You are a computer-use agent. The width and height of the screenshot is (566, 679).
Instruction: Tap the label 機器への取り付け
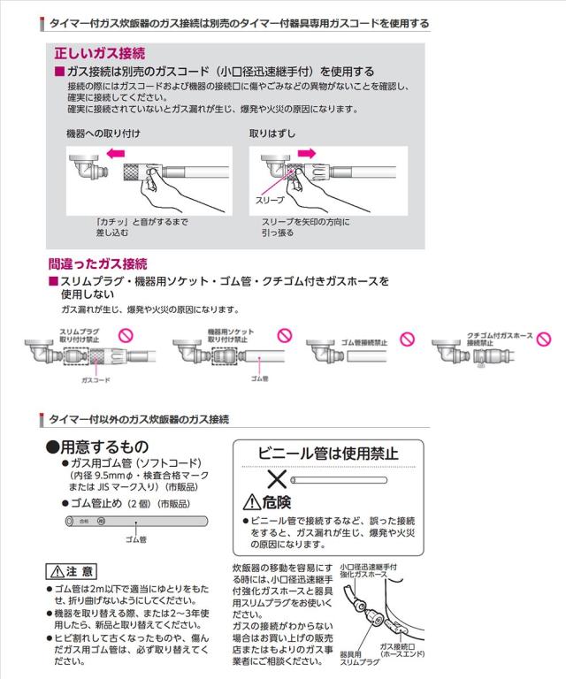pyautogui.click(x=103, y=133)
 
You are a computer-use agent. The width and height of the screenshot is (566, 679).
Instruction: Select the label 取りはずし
pyautogui.click(x=272, y=133)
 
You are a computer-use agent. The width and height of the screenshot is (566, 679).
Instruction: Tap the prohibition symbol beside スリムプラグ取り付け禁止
pyautogui.click(x=126, y=336)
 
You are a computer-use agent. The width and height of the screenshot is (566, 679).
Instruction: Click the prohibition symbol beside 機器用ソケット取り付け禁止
pyautogui.click(x=284, y=336)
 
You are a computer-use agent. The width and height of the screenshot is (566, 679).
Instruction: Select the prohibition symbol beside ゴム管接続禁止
pyautogui.click(x=405, y=339)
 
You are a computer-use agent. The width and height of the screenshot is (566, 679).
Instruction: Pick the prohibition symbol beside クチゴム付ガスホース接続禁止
pyautogui.click(x=544, y=339)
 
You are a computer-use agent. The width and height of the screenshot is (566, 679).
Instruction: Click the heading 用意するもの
pyautogui.click(x=97, y=446)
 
